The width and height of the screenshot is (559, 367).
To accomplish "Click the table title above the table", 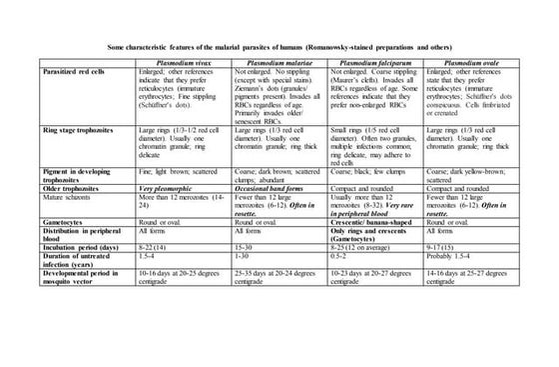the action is (x=279, y=48).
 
